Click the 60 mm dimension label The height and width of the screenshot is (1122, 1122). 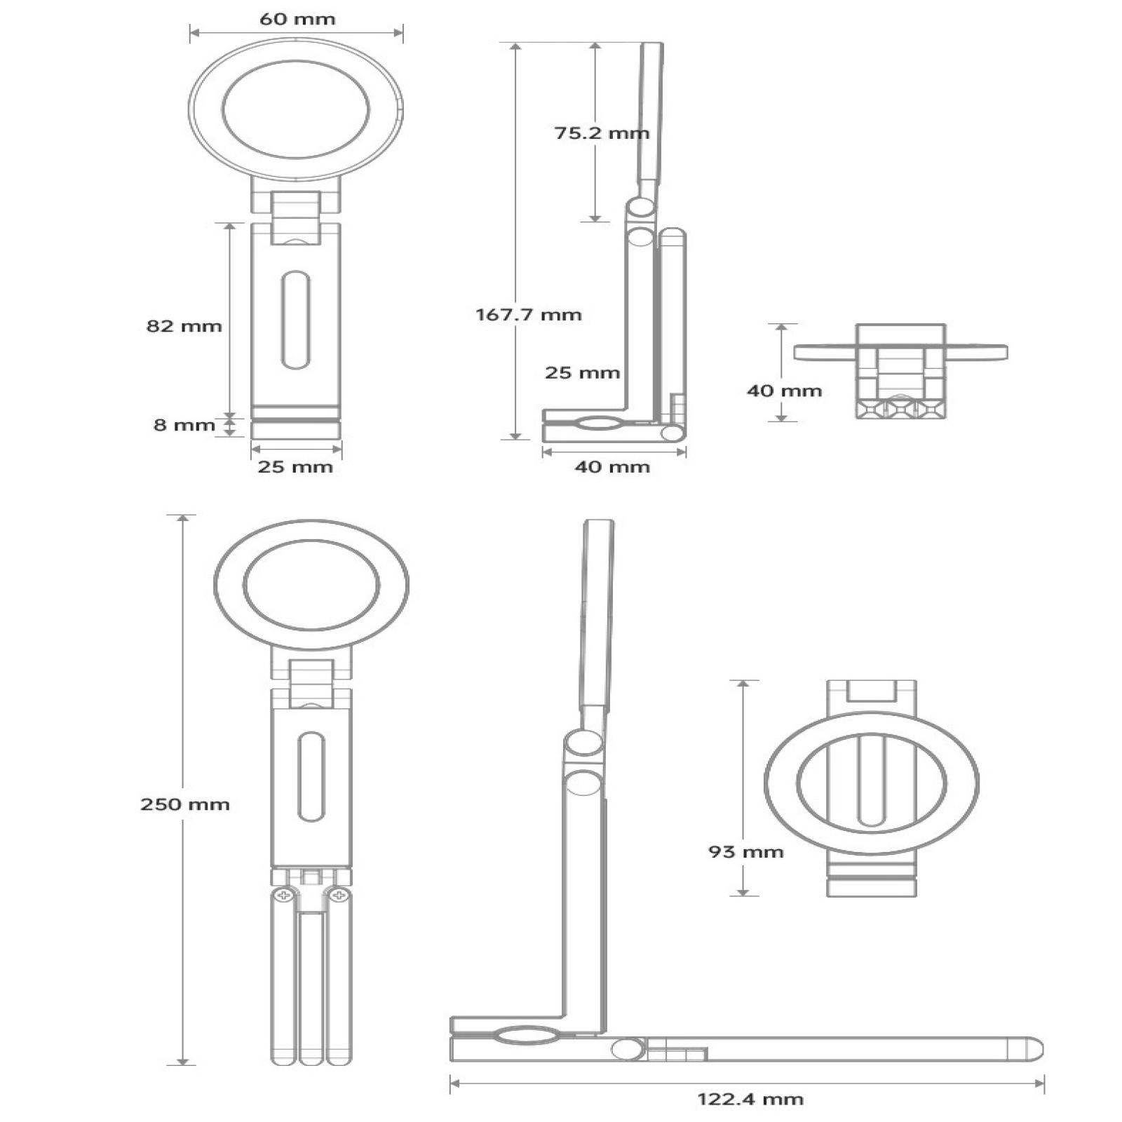pyautogui.click(x=297, y=19)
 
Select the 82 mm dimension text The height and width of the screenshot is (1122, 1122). pyautogui.click(x=184, y=326)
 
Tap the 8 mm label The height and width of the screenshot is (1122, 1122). pyautogui.click(x=184, y=425)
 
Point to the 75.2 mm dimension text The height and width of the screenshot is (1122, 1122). pyautogui.click(x=602, y=133)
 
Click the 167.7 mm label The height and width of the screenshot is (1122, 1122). pyautogui.click(x=529, y=314)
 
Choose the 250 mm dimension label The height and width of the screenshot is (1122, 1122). pyautogui.click(x=184, y=804)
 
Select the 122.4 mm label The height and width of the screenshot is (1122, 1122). pyautogui.click(x=750, y=1099)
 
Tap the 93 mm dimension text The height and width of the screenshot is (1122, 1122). pyautogui.click(x=745, y=852)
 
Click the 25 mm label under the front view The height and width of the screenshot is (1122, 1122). pyautogui.click(x=295, y=467)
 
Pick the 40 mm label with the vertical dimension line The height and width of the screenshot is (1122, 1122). pyautogui.click(x=784, y=391)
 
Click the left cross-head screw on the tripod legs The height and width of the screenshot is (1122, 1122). pyautogui.click(x=284, y=895)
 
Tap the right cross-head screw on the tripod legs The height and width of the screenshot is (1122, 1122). pyautogui.click(x=339, y=895)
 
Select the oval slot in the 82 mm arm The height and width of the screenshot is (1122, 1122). pyautogui.click(x=295, y=320)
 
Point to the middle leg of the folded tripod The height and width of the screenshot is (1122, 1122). pyautogui.click(x=311, y=989)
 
